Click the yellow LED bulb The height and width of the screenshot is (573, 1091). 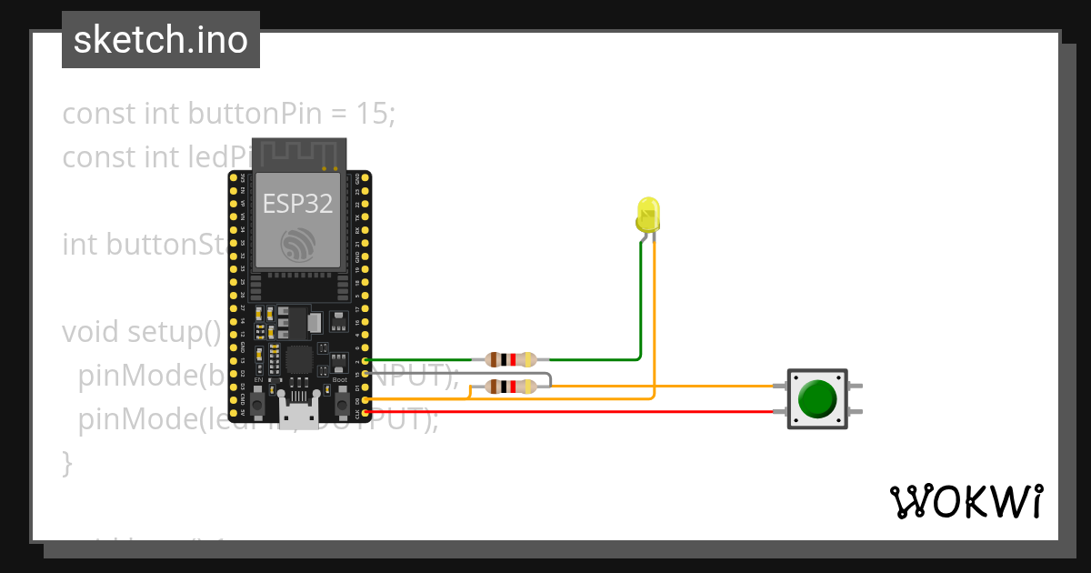coord(647,215)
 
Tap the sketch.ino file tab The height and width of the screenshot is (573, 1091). coord(161,40)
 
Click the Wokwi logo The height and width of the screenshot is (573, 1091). coord(966,502)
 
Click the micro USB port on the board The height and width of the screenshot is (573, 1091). coord(299,416)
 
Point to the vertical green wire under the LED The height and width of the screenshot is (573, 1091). coord(641,300)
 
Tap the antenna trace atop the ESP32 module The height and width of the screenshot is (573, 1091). coord(299,154)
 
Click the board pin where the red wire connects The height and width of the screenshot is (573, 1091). coord(365,413)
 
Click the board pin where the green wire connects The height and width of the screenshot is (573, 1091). coord(365,361)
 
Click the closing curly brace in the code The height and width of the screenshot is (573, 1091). coord(66,463)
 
